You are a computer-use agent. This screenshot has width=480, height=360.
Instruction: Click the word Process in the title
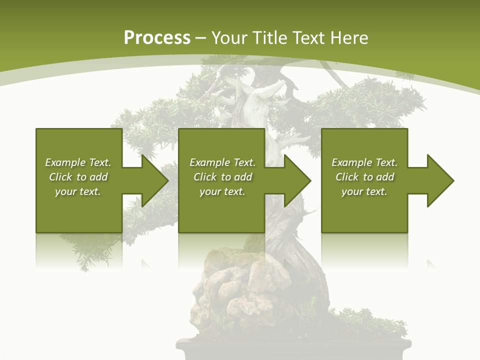pyautogui.click(x=157, y=38)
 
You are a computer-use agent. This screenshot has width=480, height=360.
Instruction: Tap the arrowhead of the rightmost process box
pyautogui.click(x=439, y=180)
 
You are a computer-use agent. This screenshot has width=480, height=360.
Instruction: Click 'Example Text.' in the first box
pyautogui.click(x=78, y=162)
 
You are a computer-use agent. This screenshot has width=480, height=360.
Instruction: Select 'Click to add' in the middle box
pyautogui.click(x=222, y=177)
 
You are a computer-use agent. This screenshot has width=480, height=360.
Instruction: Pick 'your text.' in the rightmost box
pyautogui.click(x=364, y=191)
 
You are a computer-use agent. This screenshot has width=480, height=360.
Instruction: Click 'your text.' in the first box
pyautogui.click(x=78, y=191)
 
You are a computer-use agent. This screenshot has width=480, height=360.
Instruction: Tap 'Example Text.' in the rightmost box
pyautogui.click(x=364, y=162)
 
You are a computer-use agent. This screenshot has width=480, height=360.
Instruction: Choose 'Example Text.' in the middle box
pyautogui.click(x=222, y=162)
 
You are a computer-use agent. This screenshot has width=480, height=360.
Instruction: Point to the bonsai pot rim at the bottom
pyautogui.click(x=293, y=344)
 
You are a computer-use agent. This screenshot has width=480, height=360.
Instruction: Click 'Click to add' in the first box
pyautogui.click(x=78, y=177)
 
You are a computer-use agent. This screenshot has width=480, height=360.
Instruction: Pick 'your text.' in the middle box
pyautogui.click(x=222, y=191)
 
